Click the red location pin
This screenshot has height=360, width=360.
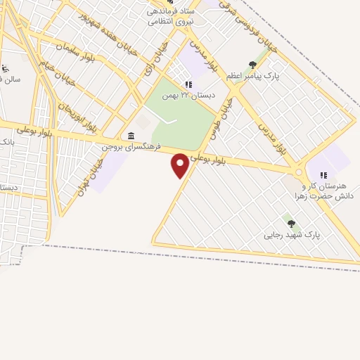[181, 165]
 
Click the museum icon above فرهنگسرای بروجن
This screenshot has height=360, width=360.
[131, 136]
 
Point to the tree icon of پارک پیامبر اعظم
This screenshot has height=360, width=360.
[252, 65]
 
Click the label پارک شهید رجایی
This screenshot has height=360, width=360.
[292, 235]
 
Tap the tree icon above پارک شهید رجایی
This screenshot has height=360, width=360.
[291, 224]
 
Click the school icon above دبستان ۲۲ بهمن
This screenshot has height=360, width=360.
[188, 84]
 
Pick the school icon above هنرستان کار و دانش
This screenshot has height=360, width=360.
[323, 175]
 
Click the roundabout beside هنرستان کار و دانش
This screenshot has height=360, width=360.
[299, 172]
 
